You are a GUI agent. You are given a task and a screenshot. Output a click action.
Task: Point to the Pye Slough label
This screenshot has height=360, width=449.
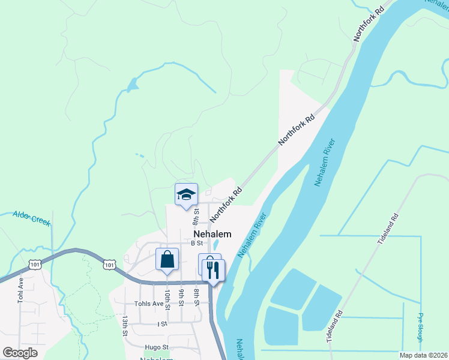point(420,327)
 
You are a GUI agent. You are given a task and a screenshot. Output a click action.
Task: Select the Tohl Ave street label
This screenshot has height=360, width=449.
point(20,289)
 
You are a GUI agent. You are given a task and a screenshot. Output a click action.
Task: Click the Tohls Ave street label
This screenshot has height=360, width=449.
point(149,304)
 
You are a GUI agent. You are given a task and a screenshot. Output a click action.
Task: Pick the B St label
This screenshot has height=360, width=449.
point(197,243)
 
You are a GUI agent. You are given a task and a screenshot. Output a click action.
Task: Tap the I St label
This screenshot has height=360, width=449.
point(162,323)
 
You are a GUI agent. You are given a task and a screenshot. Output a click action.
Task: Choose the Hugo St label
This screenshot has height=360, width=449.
point(157,347)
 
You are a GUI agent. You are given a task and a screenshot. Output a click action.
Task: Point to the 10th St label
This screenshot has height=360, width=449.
point(167,299)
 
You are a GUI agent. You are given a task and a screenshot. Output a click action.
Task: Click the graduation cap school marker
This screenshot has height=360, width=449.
point(186,194)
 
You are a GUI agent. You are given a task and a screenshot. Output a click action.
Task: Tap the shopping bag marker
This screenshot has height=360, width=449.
point(167,260)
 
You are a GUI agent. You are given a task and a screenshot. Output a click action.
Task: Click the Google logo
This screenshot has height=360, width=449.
point(20,353)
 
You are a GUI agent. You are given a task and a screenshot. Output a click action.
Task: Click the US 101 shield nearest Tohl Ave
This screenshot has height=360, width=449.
point(34,263)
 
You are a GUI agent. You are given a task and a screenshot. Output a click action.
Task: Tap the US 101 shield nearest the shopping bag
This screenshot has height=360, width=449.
point(109,264)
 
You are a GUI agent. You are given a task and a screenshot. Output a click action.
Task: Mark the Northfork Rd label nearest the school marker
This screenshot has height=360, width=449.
point(226,203)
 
